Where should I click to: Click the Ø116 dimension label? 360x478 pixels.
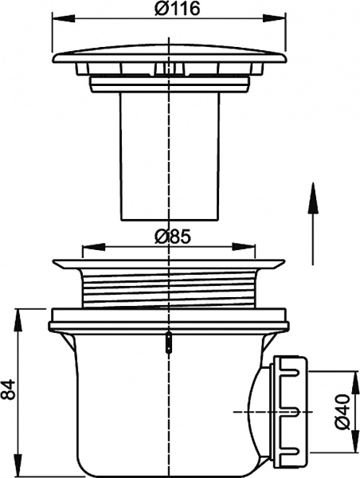pyautogui.click(x=177, y=8)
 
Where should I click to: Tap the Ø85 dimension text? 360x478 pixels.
pyautogui.click(x=173, y=237)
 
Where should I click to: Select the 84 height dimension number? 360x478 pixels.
pyautogui.click(x=7, y=389)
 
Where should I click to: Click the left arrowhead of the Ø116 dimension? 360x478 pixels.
pyautogui.click(x=64, y=18)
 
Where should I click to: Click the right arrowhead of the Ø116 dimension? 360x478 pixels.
pyautogui.click(x=274, y=18)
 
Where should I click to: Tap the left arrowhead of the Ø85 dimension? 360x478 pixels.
pyautogui.click(x=93, y=247)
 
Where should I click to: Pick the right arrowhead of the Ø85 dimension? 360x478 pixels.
pyautogui.click(x=244, y=247)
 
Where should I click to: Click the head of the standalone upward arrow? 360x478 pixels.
pyautogui.click(x=313, y=198)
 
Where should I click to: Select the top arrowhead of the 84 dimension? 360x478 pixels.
pyautogui.click(x=19, y=320)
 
